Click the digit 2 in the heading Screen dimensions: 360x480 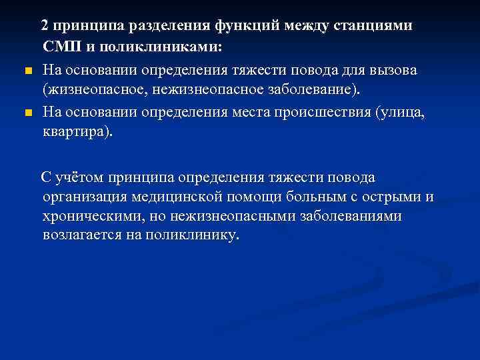[x=44, y=26]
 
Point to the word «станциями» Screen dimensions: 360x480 [x=375, y=26]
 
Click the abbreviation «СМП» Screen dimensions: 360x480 [x=61, y=48]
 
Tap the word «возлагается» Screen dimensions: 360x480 [x=82, y=237]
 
